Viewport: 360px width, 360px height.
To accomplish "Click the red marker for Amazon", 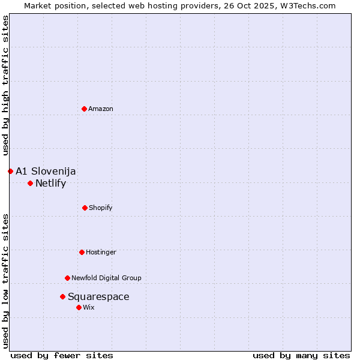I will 85,109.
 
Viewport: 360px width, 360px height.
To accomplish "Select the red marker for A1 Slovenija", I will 10,171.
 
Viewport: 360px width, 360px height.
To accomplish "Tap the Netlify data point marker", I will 30,183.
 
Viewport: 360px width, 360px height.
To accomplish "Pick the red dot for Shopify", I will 85,208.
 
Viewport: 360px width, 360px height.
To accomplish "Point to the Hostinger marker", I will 82,252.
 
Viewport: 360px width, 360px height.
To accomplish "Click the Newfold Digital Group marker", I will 67,278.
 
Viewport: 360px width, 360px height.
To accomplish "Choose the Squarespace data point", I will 62,296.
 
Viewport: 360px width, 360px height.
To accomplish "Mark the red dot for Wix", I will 79,307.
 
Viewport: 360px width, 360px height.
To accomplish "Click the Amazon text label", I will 101,109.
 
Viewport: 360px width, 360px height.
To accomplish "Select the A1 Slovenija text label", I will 46,171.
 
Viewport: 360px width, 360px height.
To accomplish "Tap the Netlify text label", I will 50,183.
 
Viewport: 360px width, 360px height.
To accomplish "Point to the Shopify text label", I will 101,208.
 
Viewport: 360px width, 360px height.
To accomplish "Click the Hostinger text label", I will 101,252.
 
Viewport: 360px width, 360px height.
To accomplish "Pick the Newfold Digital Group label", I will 106,278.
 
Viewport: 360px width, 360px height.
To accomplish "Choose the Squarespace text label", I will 98,296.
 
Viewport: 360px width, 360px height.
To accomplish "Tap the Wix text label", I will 89,307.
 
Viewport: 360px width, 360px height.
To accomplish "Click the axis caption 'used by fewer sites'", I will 62,355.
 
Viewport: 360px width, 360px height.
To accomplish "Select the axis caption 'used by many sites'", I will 301,355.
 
